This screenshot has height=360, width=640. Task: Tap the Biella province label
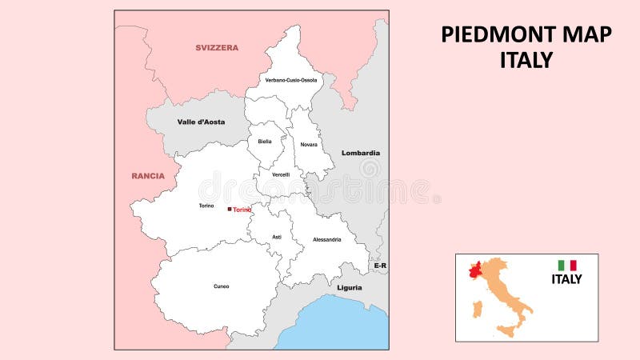(265, 142)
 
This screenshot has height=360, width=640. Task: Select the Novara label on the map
(309, 145)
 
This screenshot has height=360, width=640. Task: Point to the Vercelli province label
(281, 174)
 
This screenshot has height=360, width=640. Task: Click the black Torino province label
(206, 206)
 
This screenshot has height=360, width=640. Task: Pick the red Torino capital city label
(242, 210)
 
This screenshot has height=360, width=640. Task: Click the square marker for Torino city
(230, 209)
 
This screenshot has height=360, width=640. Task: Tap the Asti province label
(277, 237)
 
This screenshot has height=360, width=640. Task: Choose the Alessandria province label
(326, 239)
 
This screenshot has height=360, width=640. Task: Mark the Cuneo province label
(222, 286)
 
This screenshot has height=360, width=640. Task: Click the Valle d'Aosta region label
(201, 122)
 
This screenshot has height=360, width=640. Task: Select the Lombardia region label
(360, 153)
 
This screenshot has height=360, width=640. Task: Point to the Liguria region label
(349, 287)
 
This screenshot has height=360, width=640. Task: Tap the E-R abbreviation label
(380, 265)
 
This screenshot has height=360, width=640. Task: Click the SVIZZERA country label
(217, 48)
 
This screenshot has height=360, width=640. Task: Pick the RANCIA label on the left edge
(148, 176)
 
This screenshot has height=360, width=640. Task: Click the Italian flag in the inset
(567, 266)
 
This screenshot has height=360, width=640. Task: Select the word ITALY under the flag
(566, 279)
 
